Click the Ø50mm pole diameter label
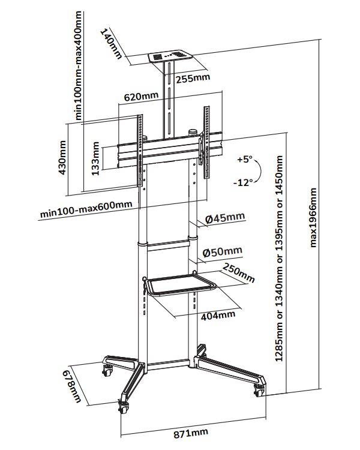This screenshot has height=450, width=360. (x=223, y=251)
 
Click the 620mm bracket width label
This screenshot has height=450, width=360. (x=142, y=96)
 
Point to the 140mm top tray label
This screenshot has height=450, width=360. (x=112, y=43)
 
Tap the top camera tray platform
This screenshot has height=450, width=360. (x=170, y=58)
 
